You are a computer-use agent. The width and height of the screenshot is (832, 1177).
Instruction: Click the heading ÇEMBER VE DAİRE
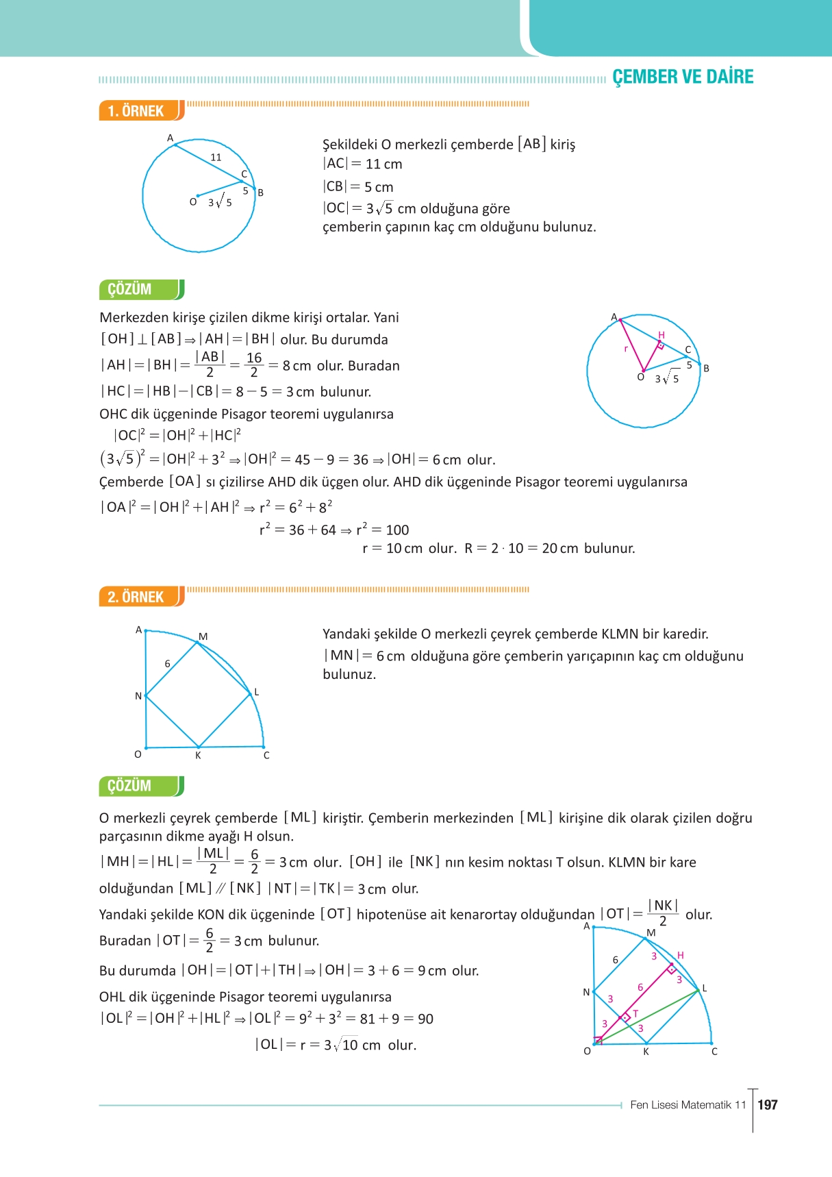[x=682, y=77]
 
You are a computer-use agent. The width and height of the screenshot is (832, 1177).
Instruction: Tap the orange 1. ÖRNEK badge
[x=136, y=111]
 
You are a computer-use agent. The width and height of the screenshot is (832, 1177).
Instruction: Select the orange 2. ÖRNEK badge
[x=136, y=597]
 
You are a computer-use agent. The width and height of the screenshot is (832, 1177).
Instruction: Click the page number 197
[x=768, y=1104]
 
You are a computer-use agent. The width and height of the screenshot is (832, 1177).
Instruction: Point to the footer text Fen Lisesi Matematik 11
[x=688, y=1104]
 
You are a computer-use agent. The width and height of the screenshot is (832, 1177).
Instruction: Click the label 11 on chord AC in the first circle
[x=216, y=157]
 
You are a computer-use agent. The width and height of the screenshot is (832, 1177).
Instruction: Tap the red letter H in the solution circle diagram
[x=661, y=334]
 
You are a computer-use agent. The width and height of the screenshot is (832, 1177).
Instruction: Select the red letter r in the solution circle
[x=626, y=349]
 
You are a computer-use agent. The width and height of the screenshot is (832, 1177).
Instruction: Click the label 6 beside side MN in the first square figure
[x=167, y=663]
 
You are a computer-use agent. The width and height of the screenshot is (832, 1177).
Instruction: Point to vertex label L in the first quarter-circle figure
[x=257, y=692]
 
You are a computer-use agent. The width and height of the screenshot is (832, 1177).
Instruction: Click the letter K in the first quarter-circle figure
[x=198, y=756]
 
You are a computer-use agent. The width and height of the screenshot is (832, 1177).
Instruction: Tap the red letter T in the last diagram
[x=635, y=1013]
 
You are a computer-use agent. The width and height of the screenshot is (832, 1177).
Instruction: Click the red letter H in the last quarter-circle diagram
[x=680, y=955]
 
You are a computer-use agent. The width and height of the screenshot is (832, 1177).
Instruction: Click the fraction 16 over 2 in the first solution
[x=254, y=364]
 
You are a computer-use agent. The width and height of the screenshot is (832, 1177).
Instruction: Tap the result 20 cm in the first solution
[x=559, y=548]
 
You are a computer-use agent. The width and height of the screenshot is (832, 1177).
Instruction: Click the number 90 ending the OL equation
[x=425, y=1019]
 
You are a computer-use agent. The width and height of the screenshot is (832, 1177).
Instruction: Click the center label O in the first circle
[x=193, y=201]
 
